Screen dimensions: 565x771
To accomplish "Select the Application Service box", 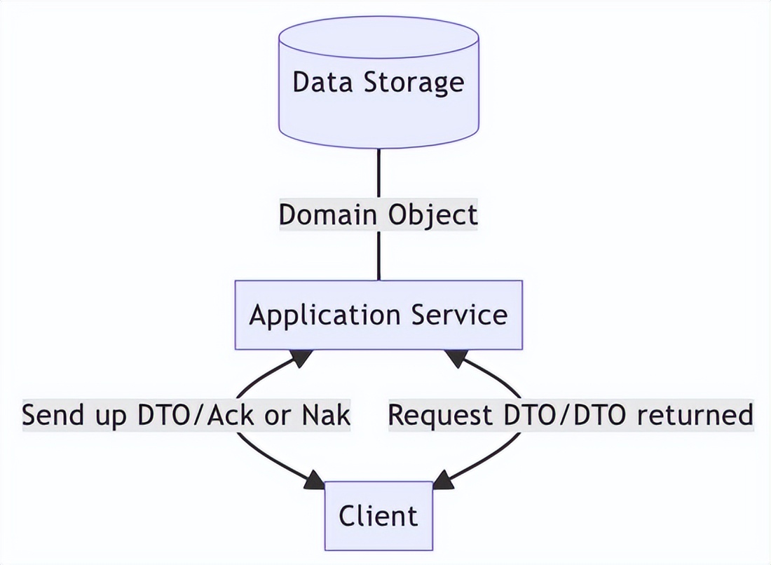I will pyautogui.click(x=378, y=315).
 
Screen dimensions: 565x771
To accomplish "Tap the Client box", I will pyautogui.click(x=378, y=516).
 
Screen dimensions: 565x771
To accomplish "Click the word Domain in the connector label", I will pyautogui.click(x=325, y=215).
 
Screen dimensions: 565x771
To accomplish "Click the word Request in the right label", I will pyautogui.click(x=440, y=415).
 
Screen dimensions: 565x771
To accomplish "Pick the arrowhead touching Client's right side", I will pyautogui.click(x=443, y=482).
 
